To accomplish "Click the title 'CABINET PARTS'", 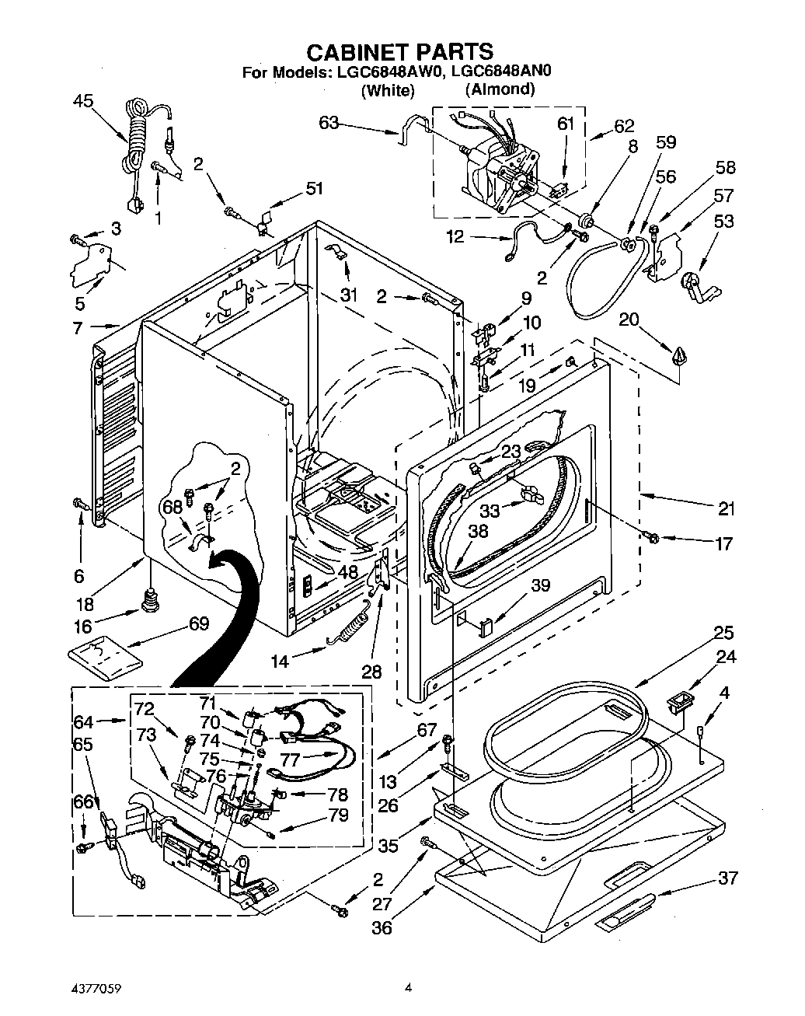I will point(400,51).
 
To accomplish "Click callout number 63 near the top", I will point(329,122).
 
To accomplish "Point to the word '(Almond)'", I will point(500,89).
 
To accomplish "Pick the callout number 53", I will point(723,222).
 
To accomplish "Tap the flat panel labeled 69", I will point(105,652).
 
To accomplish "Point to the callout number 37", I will point(727,878).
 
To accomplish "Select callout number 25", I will point(723,632).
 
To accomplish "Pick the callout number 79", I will point(338,815).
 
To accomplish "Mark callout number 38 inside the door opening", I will point(478,532).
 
